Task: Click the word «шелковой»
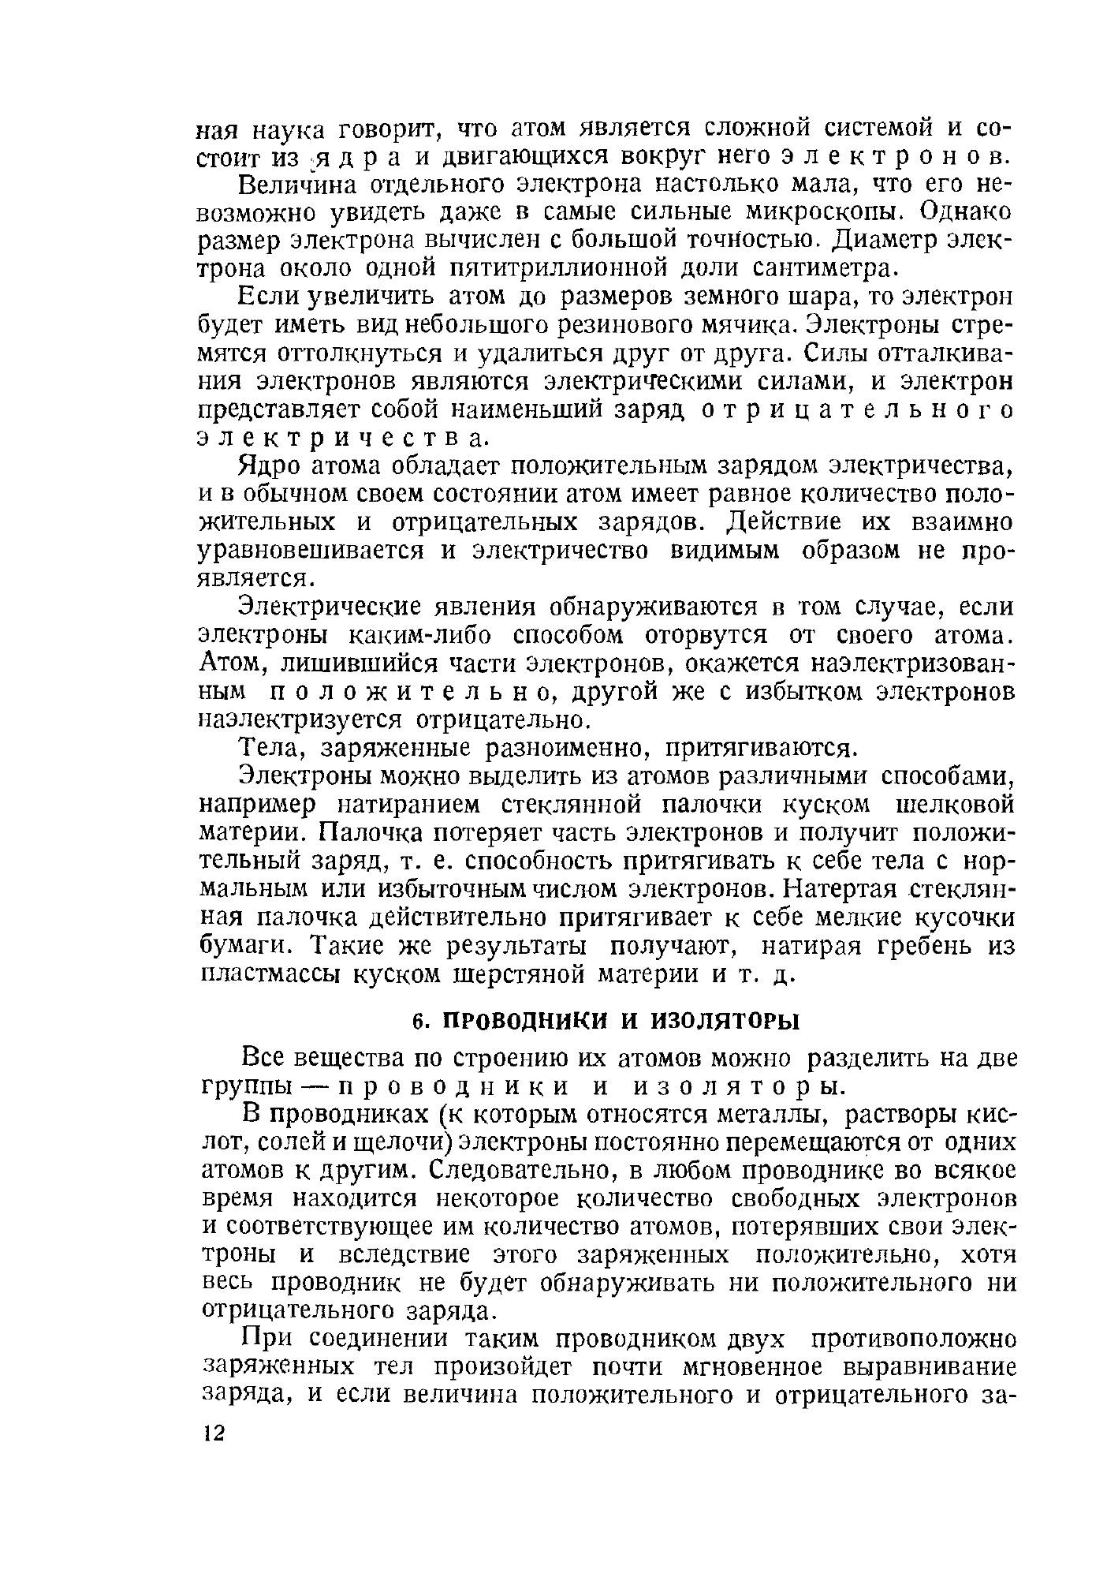point(954,805)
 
